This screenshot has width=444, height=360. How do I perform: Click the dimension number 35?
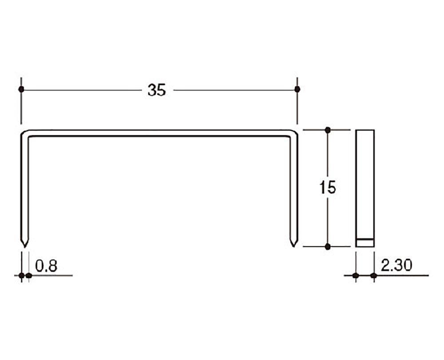(156, 90)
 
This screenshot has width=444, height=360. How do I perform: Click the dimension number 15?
(328, 188)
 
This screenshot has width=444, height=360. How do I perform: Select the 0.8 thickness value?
(47, 266)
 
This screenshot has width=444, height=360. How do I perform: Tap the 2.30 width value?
(396, 266)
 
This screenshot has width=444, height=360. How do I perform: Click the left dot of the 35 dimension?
(21, 89)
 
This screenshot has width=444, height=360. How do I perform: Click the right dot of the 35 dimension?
(297, 89)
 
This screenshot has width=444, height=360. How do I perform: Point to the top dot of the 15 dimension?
(328, 130)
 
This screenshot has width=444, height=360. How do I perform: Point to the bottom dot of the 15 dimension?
(328, 247)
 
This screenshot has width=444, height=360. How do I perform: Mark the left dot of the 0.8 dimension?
(21, 276)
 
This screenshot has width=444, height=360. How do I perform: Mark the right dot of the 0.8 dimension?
(29, 276)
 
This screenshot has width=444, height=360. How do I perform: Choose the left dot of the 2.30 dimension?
(356, 276)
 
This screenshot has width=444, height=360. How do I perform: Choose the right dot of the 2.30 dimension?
(374, 276)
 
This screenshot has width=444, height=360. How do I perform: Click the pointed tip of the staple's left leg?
(25, 246)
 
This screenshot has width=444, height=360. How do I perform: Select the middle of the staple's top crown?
(159, 133)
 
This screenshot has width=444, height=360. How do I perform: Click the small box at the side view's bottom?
(365, 243)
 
